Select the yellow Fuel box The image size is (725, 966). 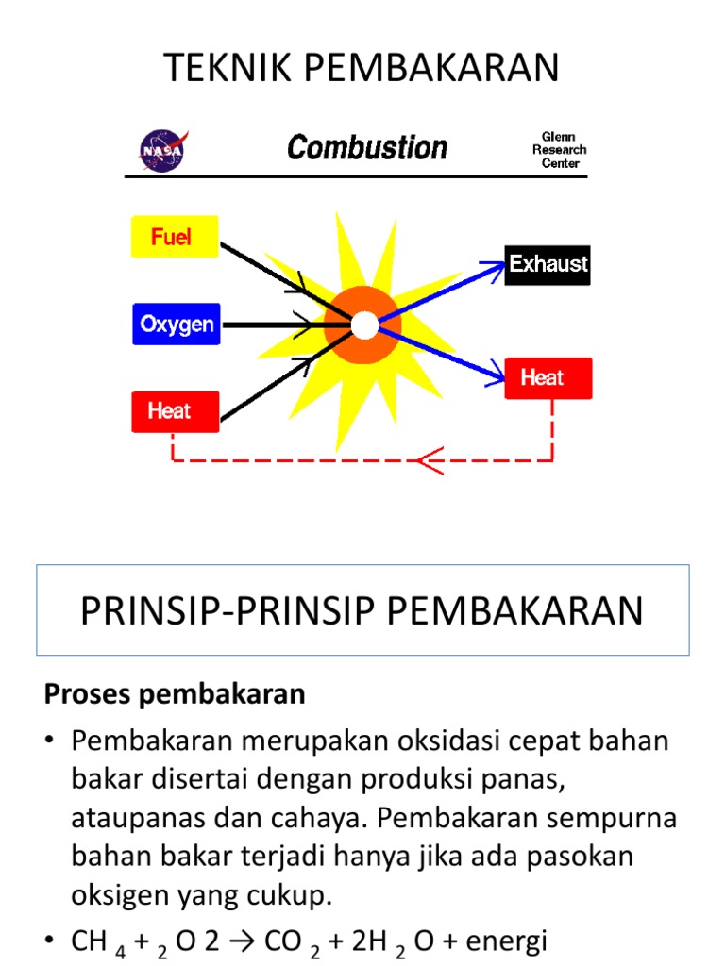[x=175, y=237]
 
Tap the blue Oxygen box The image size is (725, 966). [x=177, y=325]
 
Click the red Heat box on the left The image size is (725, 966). [x=176, y=411]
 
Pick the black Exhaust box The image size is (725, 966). [x=548, y=264]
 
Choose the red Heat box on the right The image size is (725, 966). [x=548, y=378]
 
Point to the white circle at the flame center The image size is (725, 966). [x=364, y=325]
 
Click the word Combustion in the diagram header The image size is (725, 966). [x=367, y=148]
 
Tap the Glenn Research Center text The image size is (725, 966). [x=559, y=150]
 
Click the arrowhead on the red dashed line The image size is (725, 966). [x=430, y=460]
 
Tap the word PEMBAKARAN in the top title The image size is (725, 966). [x=430, y=68]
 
